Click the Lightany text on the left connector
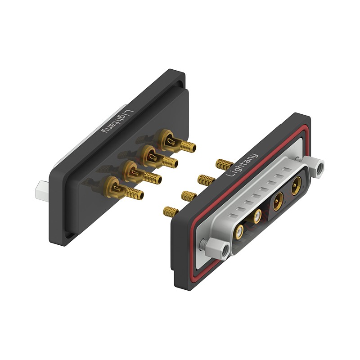click(x=118, y=121)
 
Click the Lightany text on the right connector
click(x=242, y=165)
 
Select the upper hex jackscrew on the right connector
click(x=315, y=167)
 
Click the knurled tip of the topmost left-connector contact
click(x=188, y=145)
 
